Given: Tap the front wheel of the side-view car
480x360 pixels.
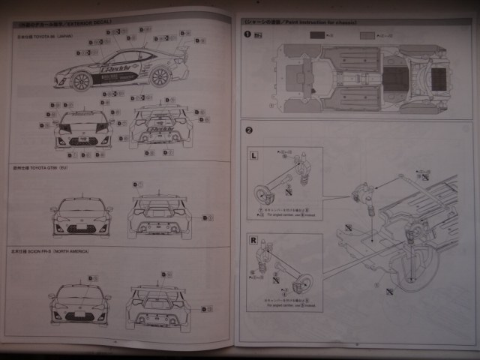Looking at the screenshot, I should click(81, 81).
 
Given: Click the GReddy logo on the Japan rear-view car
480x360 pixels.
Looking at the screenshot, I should click(161, 121).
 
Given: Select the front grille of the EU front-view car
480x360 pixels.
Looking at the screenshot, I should click(81, 224).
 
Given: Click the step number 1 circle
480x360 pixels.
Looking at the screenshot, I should click(248, 34).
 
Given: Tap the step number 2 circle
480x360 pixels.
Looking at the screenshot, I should click(248, 132).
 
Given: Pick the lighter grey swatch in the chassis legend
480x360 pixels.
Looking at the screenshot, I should click(366, 34).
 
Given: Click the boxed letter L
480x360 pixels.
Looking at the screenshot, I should click(254, 154).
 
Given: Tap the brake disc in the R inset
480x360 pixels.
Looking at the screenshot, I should click(303, 284).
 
